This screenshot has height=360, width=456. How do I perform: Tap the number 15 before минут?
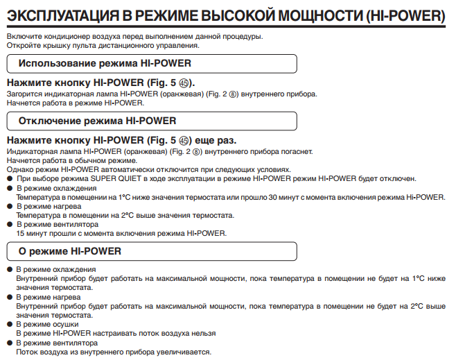tap(20, 233)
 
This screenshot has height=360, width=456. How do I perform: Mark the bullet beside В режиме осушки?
tap(10, 324)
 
